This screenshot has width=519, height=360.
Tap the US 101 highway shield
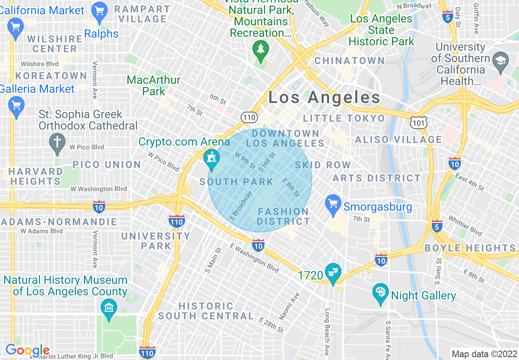[419, 122]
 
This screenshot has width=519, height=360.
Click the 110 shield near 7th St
[250, 118]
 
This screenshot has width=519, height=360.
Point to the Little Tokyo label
[344, 119]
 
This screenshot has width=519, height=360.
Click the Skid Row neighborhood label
[323, 165]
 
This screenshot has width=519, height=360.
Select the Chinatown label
[349, 61]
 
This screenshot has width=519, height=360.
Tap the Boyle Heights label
[470, 248]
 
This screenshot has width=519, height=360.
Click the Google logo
[27, 350]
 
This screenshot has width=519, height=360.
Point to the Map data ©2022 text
[484, 354]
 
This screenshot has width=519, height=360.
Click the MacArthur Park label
[153, 85]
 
